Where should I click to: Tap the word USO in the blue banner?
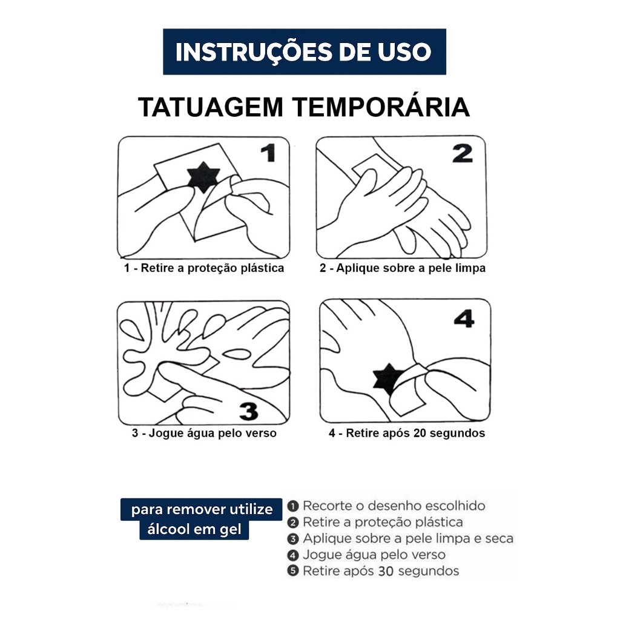click(x=404, y=52)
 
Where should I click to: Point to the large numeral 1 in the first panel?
click(x=268, y=153)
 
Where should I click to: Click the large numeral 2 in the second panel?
click(x=462, y=153)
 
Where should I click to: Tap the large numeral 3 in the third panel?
click(x=249, y=411)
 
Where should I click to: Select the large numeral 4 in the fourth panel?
click(x=464, y=318)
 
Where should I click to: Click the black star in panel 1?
click(x=203, y=177)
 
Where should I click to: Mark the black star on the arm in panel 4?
click(x=388, y=379)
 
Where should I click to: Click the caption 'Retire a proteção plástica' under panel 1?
click(x=213, y=268)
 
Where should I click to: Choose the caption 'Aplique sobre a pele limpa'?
click(x=411, y=268)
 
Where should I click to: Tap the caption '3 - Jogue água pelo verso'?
click(x=204, y=433)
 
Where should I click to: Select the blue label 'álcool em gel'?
click(x=194, y=529)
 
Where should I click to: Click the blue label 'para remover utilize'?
click(x=202, y=509)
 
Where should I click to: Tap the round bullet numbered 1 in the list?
click(x=293, y=506)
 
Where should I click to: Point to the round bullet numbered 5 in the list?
click(x=293, y=571)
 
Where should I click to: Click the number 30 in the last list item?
click(x=386, y=571)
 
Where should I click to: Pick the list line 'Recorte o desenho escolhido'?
click(x=394, y=506)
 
